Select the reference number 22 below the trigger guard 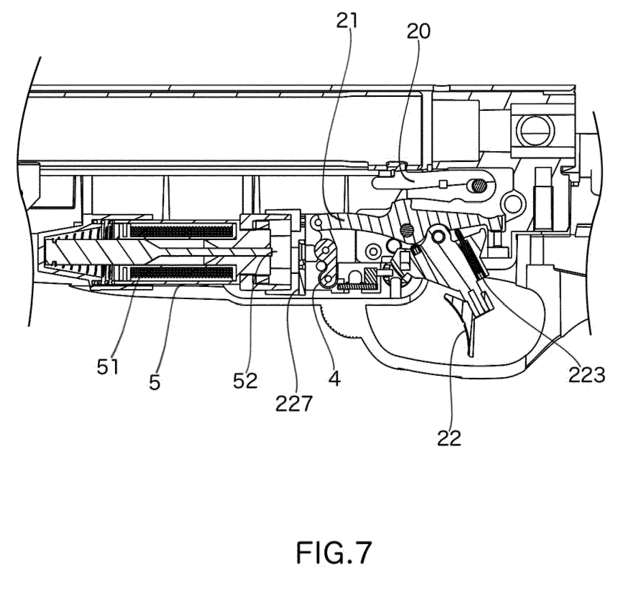449,437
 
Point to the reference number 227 293,404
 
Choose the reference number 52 246,380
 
